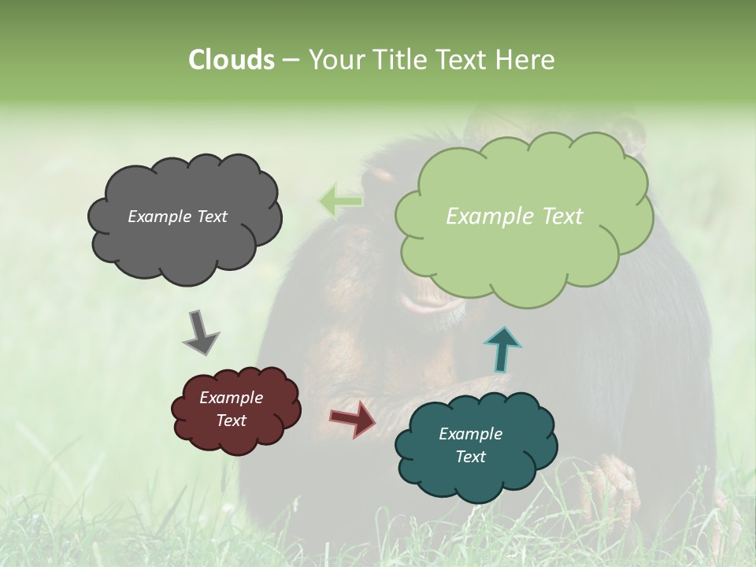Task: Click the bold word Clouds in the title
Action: tap(231, 60)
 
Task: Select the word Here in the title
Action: tap(526, 60)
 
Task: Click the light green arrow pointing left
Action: tap(340, 202)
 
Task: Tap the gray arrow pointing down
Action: tap(200, 333)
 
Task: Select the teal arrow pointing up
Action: tap(502, 348)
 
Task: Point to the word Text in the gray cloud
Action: tap(210, 217)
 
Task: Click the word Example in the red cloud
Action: tap(231, 398)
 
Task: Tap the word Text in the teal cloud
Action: tap(470, 457)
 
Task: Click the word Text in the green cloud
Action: tap(562, 217)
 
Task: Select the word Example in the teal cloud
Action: tap(470, 434)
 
